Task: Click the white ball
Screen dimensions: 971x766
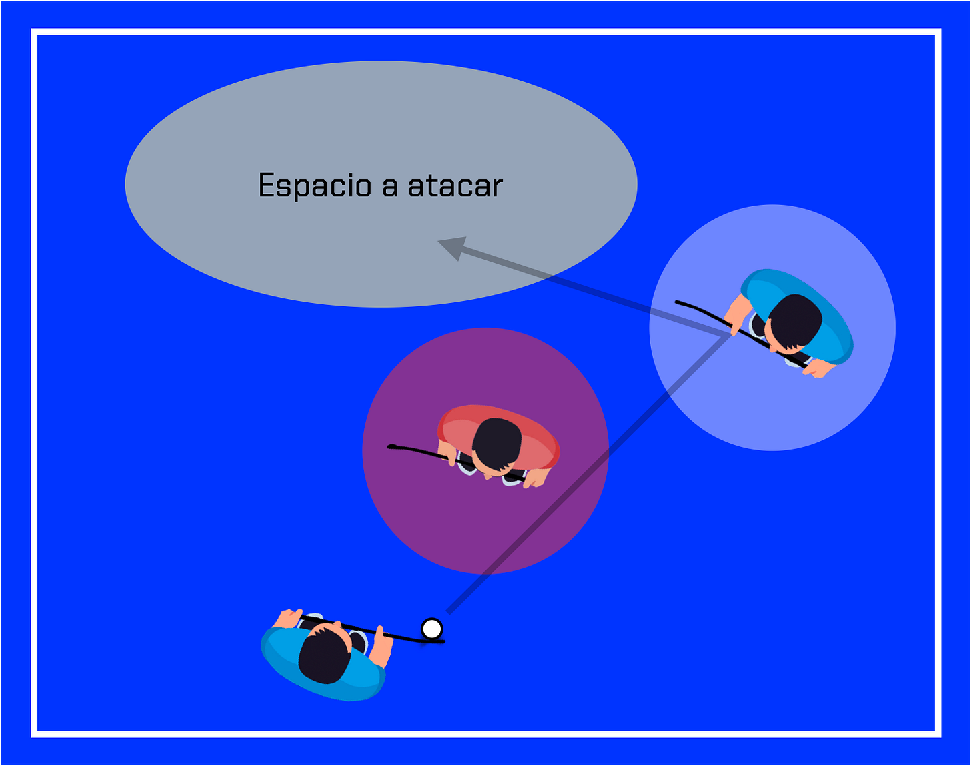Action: [432, 628]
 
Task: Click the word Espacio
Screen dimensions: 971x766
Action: [314, 185]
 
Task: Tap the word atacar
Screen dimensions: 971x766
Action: [455, 185]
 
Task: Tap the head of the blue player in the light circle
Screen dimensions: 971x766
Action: [795, 321]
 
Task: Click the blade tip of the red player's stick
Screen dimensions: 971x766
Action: [391, 446]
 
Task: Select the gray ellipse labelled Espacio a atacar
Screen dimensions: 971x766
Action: [267, 247]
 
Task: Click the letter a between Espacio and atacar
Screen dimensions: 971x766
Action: [390, 187]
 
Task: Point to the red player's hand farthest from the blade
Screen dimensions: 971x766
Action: [534, 477]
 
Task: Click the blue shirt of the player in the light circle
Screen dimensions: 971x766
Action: [830, 320]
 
